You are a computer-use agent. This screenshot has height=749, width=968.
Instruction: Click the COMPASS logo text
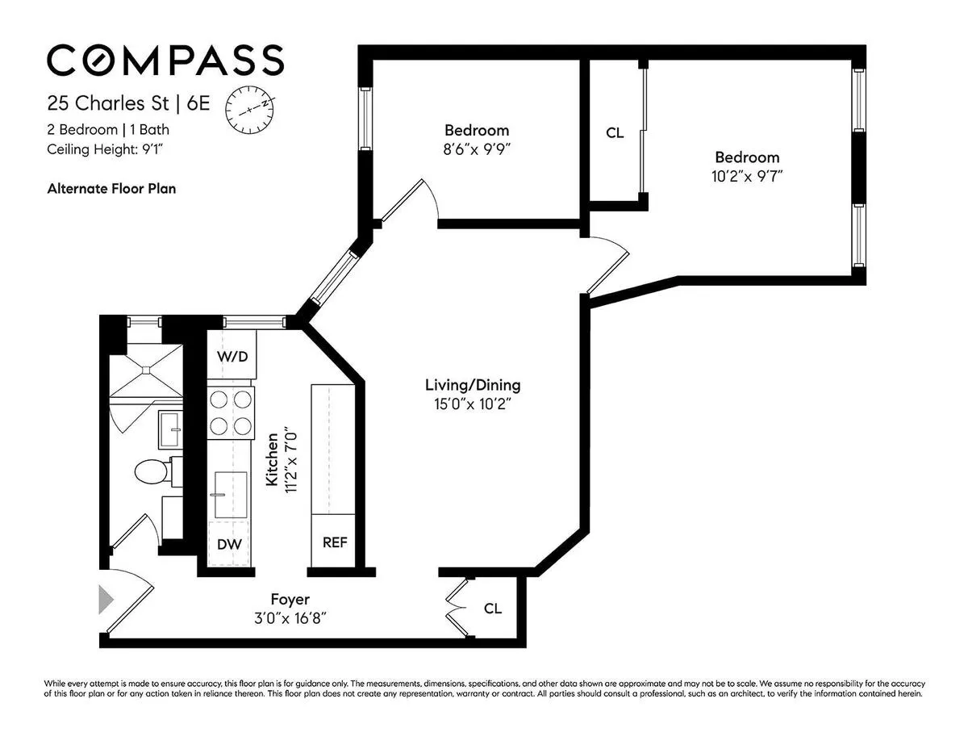pyautogui.click(x=165, y=61)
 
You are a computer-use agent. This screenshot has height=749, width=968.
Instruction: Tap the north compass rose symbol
pyautogui.click(x=250, y=109)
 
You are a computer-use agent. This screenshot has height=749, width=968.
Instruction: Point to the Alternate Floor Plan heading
pyautogui.click(x=111, y=189)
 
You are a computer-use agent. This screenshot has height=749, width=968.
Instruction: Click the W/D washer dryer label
pyautogui.click(x=232, y=357)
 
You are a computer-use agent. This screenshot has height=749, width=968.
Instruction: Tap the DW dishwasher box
pyautogui.click(x=229, y=544)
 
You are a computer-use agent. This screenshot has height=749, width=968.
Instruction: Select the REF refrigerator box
pyautogui.click(x=335, y=542)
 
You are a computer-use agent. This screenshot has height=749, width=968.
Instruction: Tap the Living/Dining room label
pyautogui.click(x=473, y=385)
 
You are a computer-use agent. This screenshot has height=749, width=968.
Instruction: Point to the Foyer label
pyautogui.click(x=290, y=600)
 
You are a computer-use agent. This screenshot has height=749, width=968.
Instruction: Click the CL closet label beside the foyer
pyautogui.click(x=493, y=609)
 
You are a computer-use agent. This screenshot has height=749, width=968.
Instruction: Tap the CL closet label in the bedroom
pyautogui.click(x=615, y=133)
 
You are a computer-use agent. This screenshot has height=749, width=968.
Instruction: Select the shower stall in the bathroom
pyautogui.click(x=145, y=370)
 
